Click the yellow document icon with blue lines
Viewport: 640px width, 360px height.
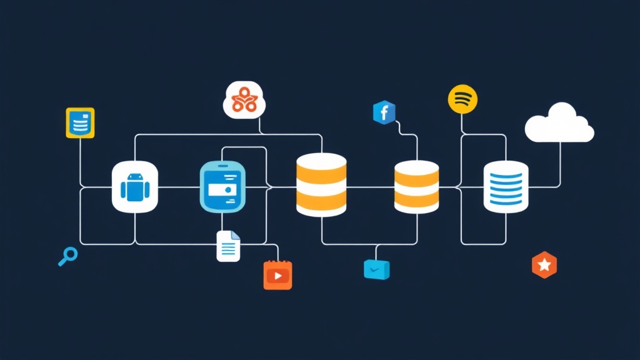(80, 122)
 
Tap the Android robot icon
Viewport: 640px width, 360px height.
(134, 186)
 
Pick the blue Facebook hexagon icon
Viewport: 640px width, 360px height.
(384, 112)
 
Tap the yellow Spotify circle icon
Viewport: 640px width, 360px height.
(463, 99)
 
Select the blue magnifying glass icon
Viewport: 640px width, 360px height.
(67, 256)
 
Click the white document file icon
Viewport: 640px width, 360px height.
(228, 246)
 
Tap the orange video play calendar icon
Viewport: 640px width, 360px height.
(278, 275)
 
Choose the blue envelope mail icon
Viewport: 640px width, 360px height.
(376, 269)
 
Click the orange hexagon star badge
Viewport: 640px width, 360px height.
(544, 266)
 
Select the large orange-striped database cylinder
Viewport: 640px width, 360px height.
(321, 185)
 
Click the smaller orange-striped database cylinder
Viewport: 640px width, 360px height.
(416, 186)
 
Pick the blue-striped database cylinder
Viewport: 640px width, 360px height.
(506, 186)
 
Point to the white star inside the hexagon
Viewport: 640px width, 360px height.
(544, 266)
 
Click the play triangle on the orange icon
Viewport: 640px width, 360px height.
(279, 276)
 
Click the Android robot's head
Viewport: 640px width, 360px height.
(134, 178)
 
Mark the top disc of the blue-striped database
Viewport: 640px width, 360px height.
(506, 167)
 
